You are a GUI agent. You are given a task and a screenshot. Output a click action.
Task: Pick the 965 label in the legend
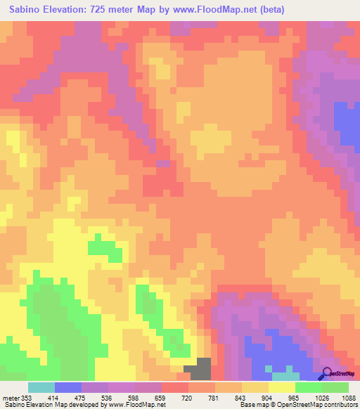295,397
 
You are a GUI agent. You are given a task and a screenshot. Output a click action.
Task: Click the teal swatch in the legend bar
41,387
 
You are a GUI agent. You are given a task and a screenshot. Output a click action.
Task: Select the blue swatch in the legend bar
68,387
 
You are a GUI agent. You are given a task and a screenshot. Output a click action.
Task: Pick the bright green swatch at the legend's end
335,387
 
